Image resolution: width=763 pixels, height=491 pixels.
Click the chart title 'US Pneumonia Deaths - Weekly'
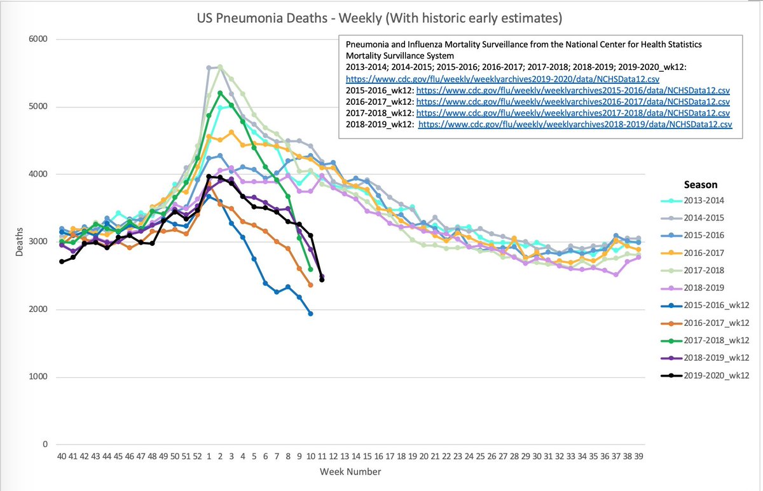[381, 20]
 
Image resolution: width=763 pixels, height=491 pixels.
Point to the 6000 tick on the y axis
[39, 39]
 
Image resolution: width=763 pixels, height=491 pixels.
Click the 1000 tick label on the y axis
[39, 377]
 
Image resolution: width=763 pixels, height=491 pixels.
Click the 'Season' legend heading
[701, 184]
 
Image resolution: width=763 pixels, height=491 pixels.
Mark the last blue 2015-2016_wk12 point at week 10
[310, 313]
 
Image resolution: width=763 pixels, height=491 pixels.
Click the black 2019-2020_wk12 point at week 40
[61, 262]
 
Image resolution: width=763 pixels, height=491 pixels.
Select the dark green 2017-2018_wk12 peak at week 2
[220, 93]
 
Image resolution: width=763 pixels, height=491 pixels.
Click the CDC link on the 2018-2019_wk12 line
[575, 125]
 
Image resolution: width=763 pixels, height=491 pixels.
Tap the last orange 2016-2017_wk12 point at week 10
[310, 285]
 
